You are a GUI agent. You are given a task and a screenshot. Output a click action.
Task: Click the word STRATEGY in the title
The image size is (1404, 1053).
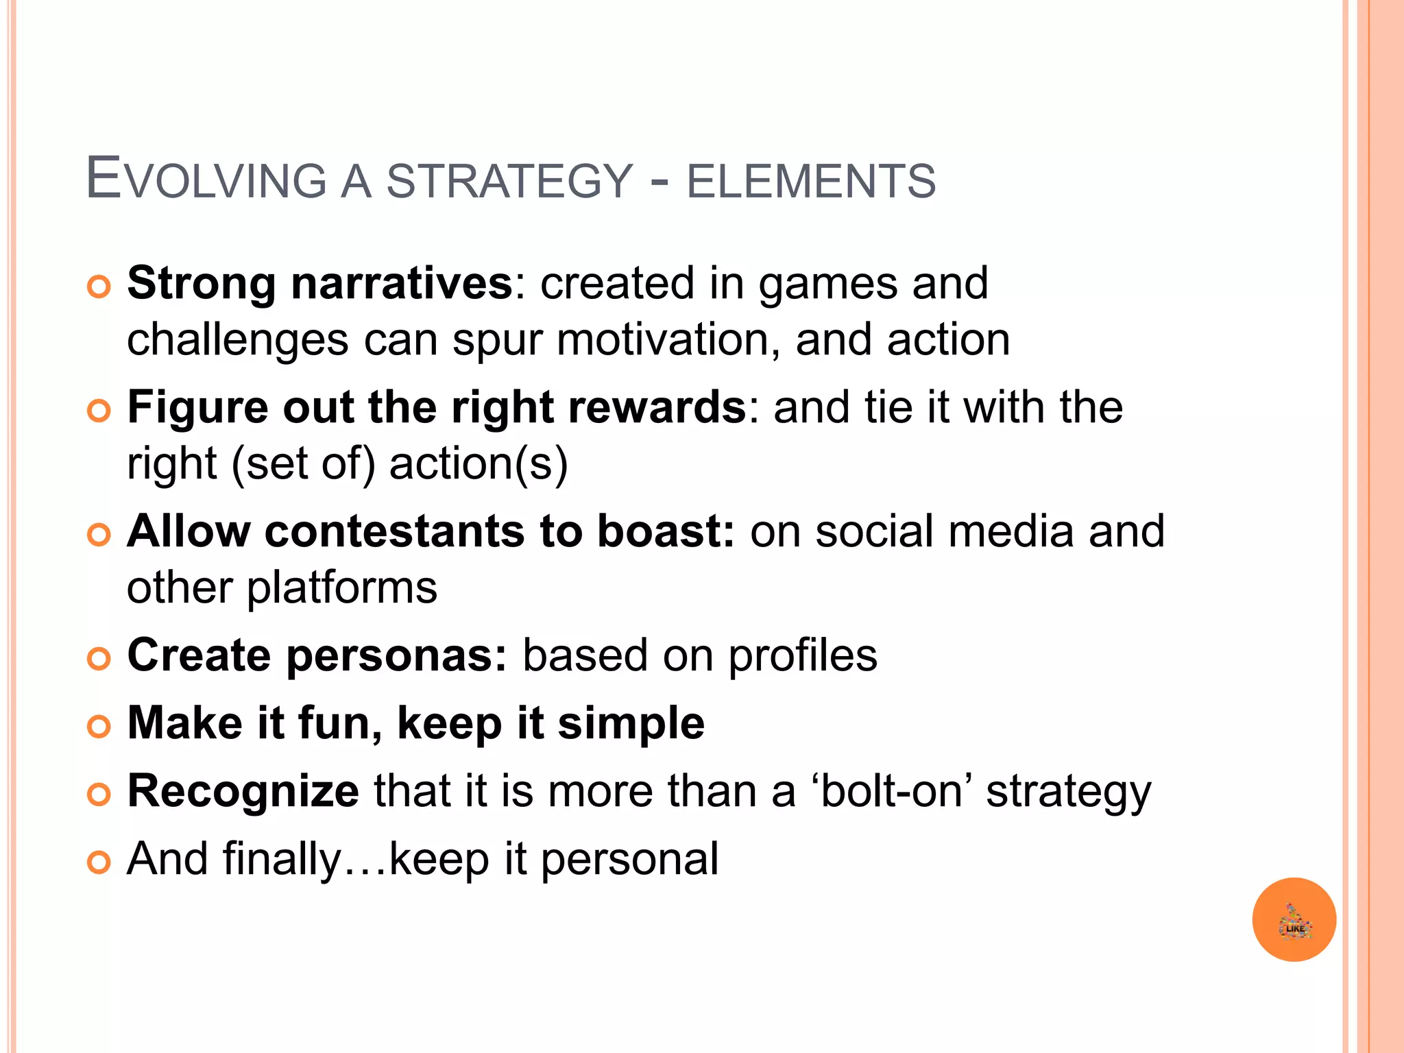(509, 181)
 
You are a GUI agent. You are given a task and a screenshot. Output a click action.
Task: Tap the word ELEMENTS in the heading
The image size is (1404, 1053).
(811, 181)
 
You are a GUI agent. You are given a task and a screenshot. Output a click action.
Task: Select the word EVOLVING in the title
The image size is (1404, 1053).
(206, 180)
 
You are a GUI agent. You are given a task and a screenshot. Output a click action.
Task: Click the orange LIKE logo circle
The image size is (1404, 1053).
(1294, 919)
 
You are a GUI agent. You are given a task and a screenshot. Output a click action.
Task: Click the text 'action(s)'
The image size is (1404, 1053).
(479, 463)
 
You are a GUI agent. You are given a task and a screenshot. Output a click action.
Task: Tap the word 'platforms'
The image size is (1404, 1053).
(341, 588)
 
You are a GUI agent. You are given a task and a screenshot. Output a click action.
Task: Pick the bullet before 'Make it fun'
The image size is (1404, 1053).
(99, 727)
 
